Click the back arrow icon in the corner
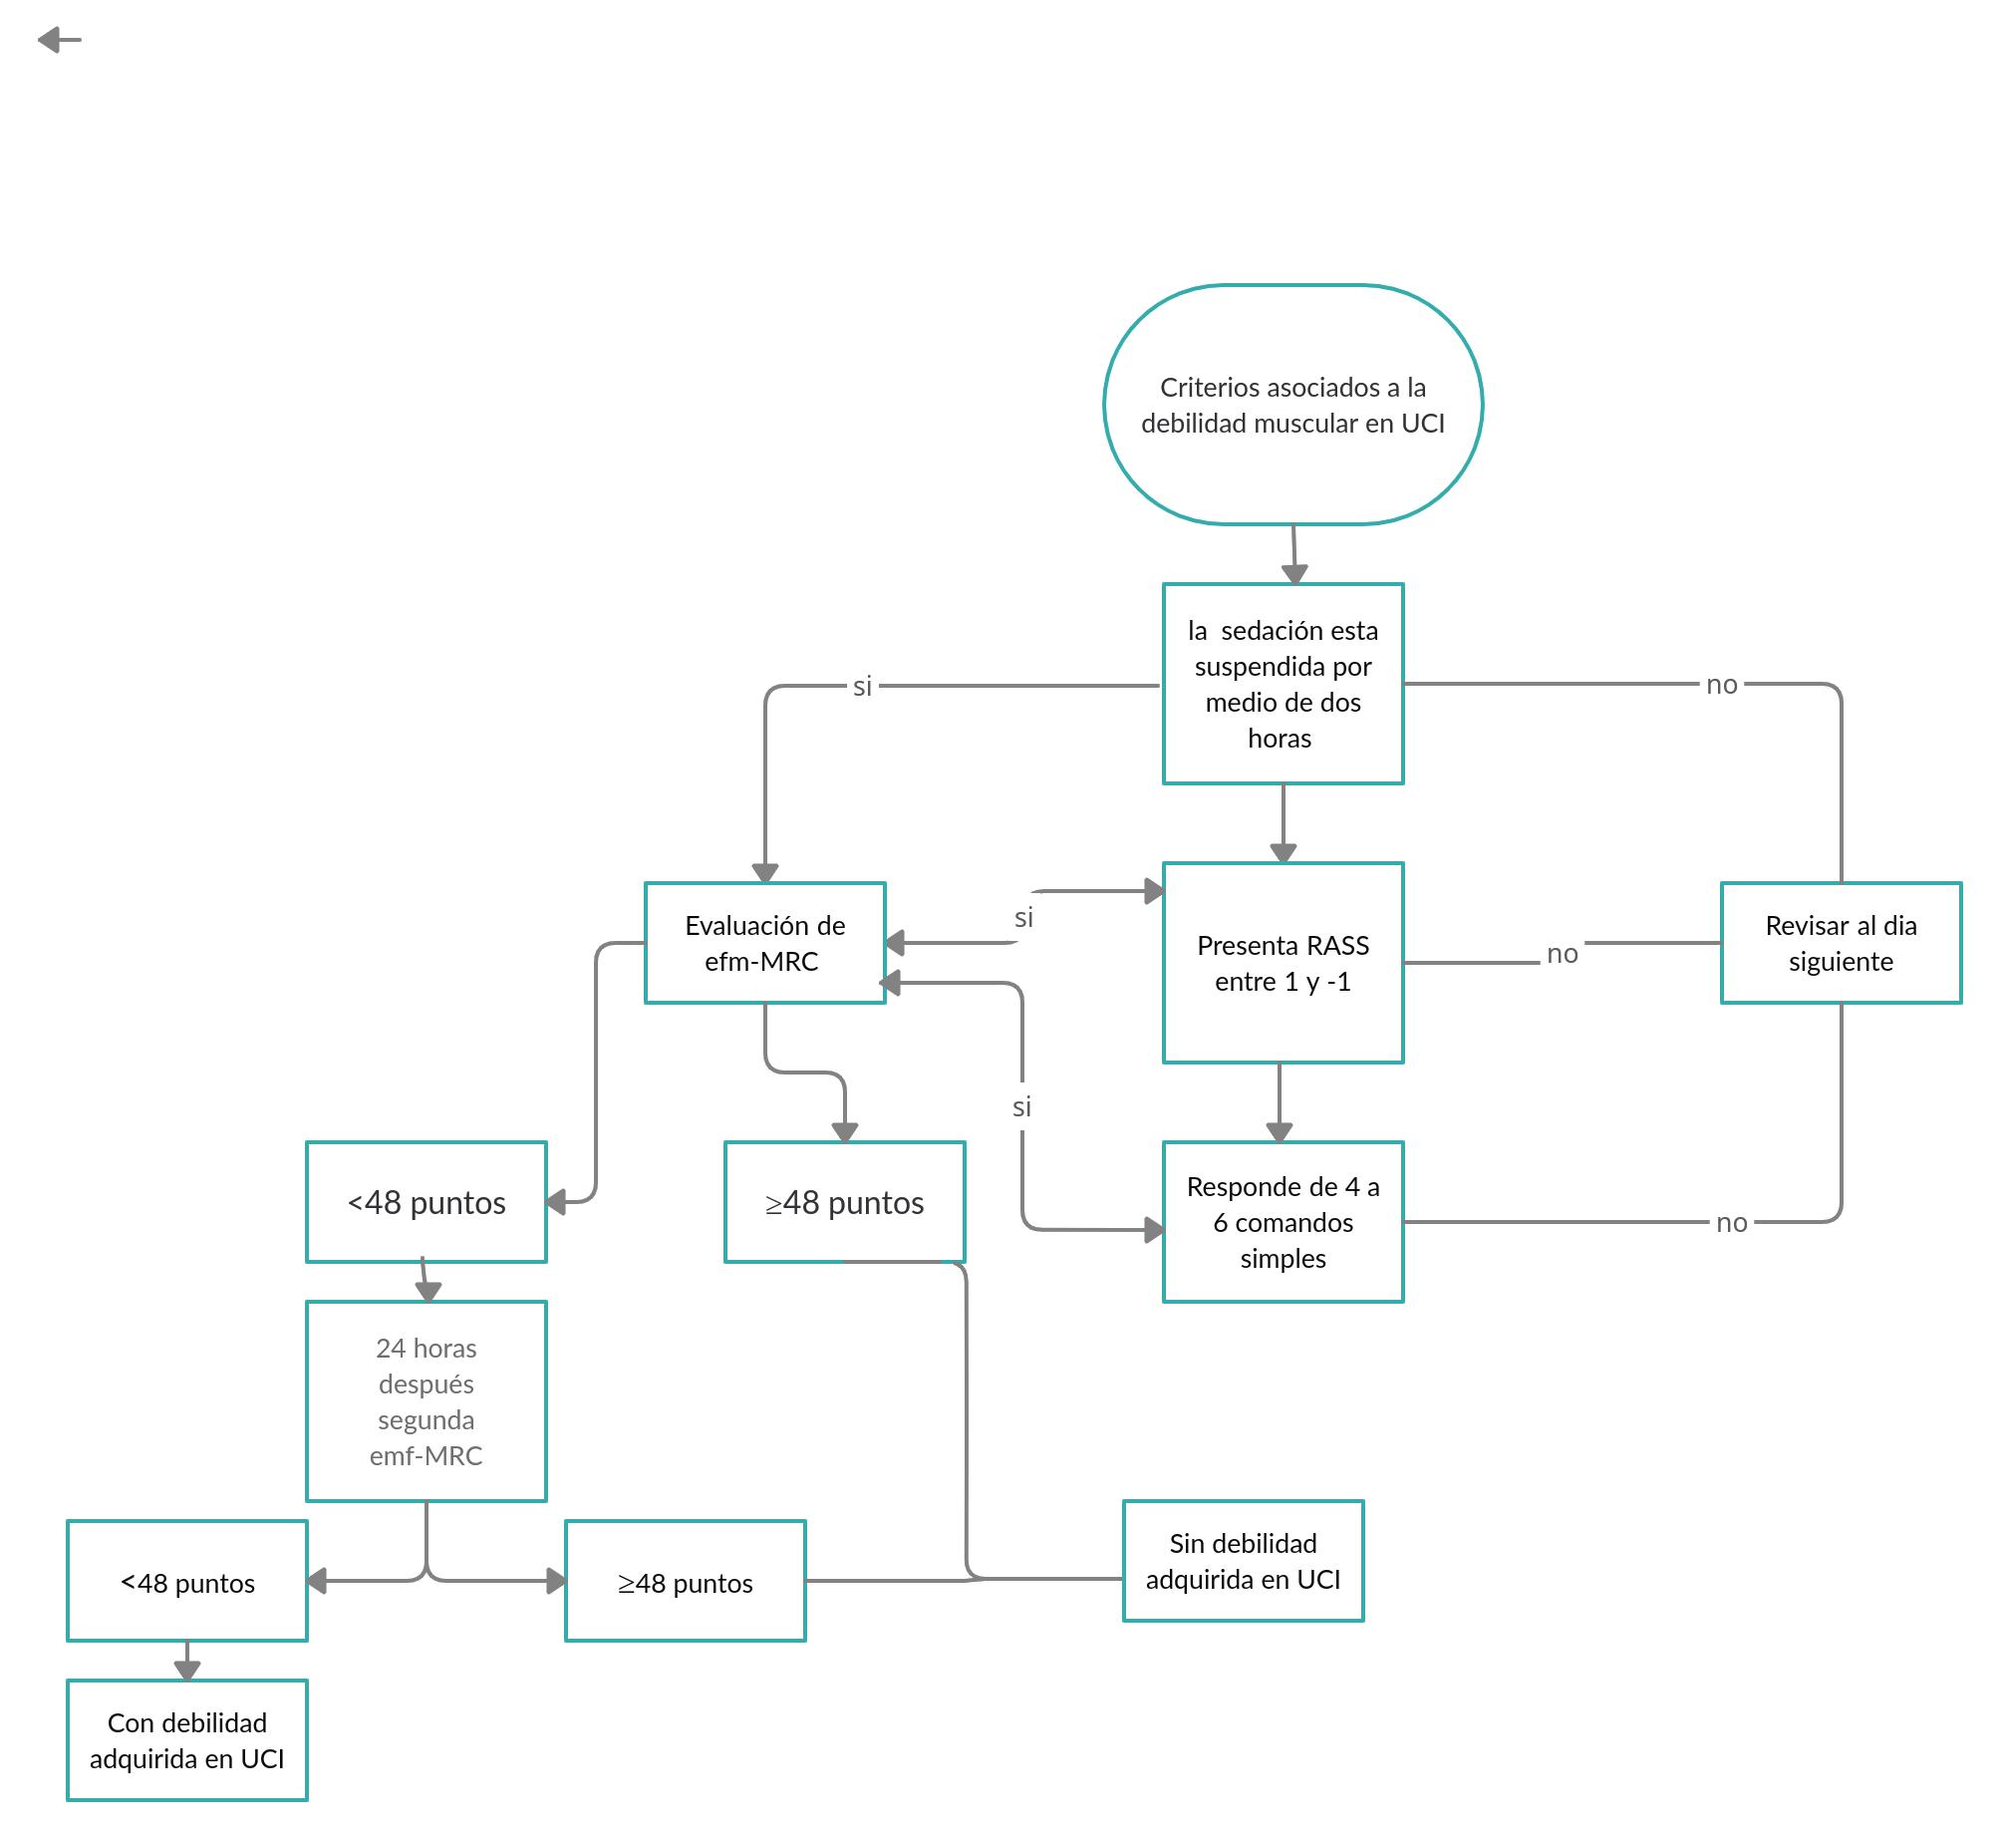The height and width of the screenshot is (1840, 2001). (59, 40)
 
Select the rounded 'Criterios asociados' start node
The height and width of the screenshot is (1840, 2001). (1292, 405)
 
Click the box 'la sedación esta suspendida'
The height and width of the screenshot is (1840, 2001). (1283, 684)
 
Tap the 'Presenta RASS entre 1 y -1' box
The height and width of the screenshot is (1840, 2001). (1283, 963)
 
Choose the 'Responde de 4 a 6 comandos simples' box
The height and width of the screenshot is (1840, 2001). (1283, 1222)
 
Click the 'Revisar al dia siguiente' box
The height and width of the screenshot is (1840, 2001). (1841, 943)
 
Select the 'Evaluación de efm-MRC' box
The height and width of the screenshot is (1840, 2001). (764, 943)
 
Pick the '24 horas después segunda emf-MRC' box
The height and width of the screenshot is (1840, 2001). (426, 1401)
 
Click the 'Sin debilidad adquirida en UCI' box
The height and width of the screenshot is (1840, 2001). (1243, 1561)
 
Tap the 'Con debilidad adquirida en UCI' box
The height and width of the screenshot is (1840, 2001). (186, 1740)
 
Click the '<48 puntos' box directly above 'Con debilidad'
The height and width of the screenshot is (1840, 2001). (186, 1581)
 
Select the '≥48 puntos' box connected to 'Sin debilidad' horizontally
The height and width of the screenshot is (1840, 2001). (685, 1581)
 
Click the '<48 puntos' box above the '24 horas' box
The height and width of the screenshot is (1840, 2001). (426, 1202)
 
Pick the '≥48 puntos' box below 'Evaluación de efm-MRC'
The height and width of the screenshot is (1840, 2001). (844, 1202)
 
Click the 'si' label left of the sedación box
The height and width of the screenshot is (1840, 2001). (862, 686)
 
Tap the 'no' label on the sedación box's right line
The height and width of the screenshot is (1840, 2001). (1721, 685)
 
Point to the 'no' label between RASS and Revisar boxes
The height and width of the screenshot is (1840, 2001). (1562, 954)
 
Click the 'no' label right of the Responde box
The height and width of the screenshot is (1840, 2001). (1731, 1223)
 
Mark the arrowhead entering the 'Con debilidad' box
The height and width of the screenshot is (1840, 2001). (187, 1671)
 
